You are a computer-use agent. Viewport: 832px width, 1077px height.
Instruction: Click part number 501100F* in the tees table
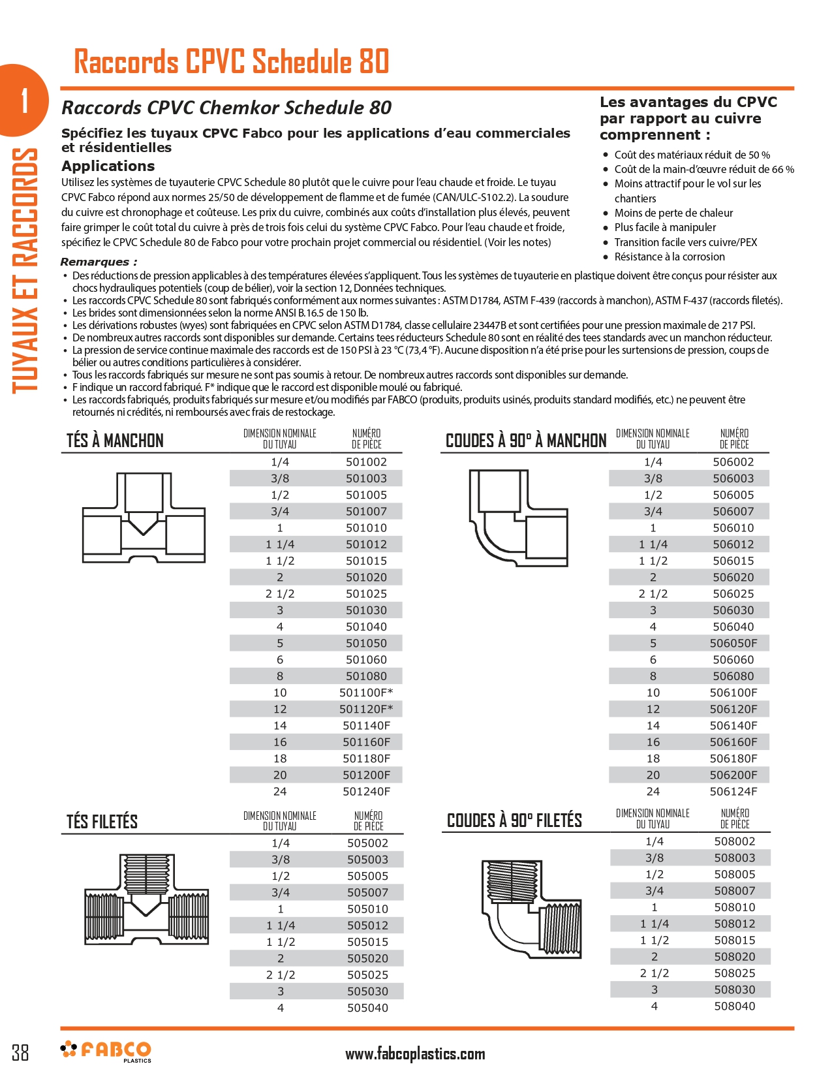366,693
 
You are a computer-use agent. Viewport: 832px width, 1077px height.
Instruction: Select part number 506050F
733,643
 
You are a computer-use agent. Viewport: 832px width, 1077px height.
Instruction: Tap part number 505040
367,1008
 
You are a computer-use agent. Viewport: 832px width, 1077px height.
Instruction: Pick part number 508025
735,973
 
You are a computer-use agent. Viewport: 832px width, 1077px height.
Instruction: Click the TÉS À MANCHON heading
115,441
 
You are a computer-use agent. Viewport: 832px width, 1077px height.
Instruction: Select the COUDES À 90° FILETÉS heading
514,820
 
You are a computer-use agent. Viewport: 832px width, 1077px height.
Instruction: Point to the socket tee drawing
144,518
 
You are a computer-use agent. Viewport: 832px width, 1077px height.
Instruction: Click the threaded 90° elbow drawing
531,909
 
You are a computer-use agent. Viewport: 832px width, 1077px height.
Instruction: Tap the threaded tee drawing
147,899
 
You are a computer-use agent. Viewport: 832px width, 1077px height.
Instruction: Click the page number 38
20,1052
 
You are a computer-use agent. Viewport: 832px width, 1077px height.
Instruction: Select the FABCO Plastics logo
107,1051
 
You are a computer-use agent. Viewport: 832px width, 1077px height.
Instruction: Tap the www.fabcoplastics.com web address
415,1054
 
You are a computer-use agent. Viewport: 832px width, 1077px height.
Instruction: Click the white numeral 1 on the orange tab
25,101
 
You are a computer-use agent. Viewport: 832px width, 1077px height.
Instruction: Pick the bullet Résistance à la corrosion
669,257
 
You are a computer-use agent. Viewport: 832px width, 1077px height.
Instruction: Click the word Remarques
99,262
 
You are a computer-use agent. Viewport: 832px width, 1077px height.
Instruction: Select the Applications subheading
108,166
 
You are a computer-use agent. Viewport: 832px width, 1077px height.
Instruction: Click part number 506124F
733,792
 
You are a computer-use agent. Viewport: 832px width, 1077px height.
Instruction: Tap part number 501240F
366,792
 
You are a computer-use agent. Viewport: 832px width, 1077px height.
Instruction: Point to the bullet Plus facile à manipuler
665,227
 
